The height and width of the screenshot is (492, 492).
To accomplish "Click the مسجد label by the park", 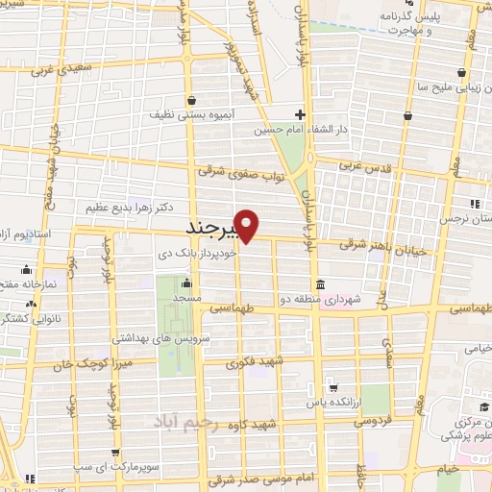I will click(186, 299).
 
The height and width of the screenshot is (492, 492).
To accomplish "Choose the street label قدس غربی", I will click(364, 166).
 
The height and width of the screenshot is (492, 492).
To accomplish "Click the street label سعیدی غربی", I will click(57, 70).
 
